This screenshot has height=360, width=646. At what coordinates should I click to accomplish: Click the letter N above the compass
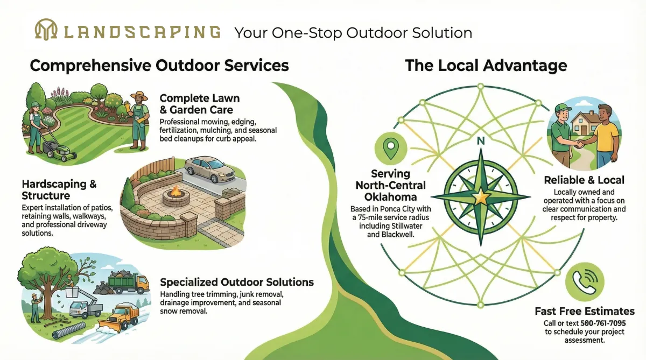pyautogui.click(x=481, y=142)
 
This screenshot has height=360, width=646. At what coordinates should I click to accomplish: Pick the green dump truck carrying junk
pyautogui.click(x=129, y=283)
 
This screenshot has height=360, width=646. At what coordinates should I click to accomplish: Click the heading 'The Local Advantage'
pyautogui.click(x=486, y=66)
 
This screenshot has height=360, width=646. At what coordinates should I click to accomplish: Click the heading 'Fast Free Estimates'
pyautogui.click(x=584, y=311)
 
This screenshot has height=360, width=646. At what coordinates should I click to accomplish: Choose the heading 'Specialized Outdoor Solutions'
pyautogui.click(x=237, y=282)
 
